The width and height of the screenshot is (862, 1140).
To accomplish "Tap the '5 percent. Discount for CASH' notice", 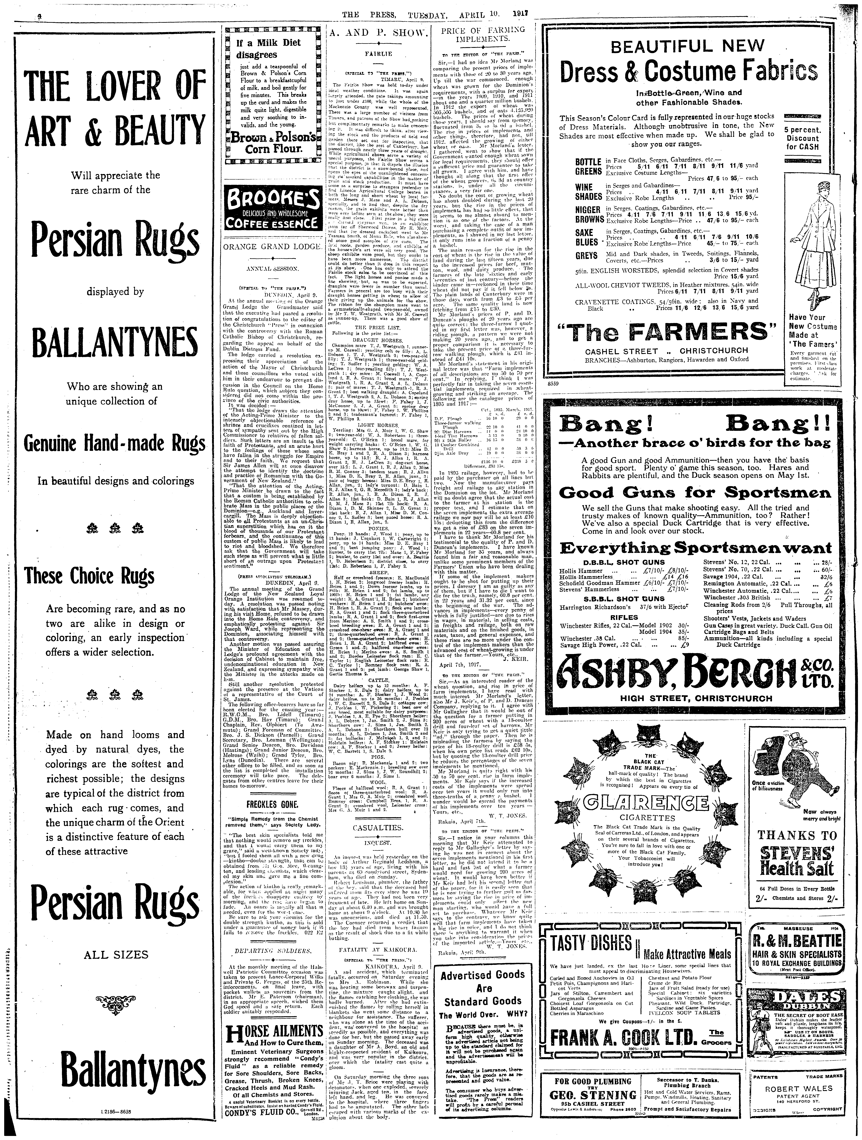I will coord(802,138).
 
